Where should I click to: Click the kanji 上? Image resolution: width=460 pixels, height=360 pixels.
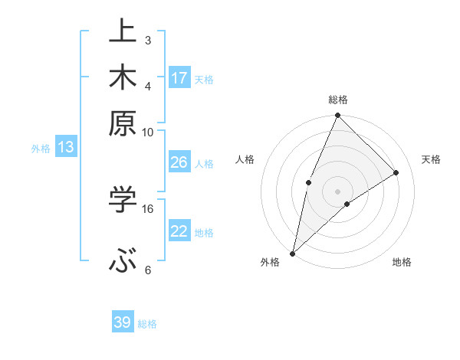[123, 32]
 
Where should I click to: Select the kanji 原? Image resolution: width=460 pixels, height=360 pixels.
[123, 123]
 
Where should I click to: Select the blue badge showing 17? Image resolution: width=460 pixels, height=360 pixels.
[179, 78]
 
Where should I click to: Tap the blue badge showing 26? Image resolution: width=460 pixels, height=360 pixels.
[179, 162]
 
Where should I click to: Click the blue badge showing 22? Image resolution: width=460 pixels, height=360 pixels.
[179, 231]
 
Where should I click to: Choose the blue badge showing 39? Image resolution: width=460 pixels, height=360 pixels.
[123, 322]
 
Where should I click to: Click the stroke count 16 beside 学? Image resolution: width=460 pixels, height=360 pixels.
[148, 208]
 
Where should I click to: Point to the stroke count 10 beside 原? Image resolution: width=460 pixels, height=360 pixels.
[148, 132]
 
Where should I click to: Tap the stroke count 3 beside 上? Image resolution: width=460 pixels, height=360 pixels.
[148, 40]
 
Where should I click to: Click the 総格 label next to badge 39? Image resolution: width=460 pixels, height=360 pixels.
[147, 324]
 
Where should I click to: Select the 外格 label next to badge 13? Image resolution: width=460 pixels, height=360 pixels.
[41, 149]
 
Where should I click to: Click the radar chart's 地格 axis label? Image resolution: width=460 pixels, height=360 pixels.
[402, 263]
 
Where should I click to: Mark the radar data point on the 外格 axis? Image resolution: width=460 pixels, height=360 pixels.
[292, 254]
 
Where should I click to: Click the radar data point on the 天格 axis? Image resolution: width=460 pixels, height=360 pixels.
[396, 172]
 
